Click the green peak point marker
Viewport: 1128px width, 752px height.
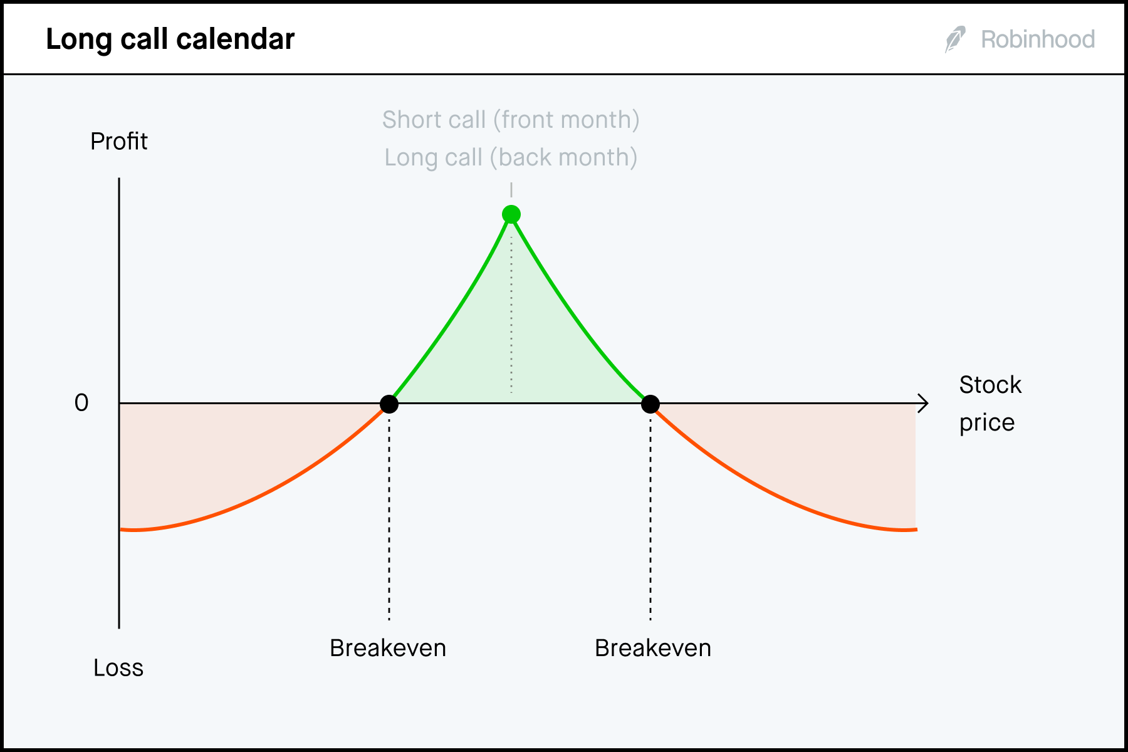click(511, 215)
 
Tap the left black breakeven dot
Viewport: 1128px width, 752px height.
click(389, 404)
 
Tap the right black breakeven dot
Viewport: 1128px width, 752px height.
click(650, 404)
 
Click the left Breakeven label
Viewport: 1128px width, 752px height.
click(388, 648)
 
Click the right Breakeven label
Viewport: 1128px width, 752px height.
click(653, 648)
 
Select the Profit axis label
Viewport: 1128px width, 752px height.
click(119, 142)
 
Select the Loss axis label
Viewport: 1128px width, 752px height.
click(118, 668)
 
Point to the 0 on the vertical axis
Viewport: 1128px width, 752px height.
click(81, 403)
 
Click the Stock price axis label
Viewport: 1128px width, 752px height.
click(990, 404)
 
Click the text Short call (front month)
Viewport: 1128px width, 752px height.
click(511, 120)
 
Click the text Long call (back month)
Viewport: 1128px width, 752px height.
click(511, 157)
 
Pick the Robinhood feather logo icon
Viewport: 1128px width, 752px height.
click(955, 39)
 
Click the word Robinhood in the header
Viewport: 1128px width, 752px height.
click(1038, 39)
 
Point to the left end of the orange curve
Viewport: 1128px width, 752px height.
click(123, 530)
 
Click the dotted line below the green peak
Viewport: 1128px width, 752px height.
click(511, 313)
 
